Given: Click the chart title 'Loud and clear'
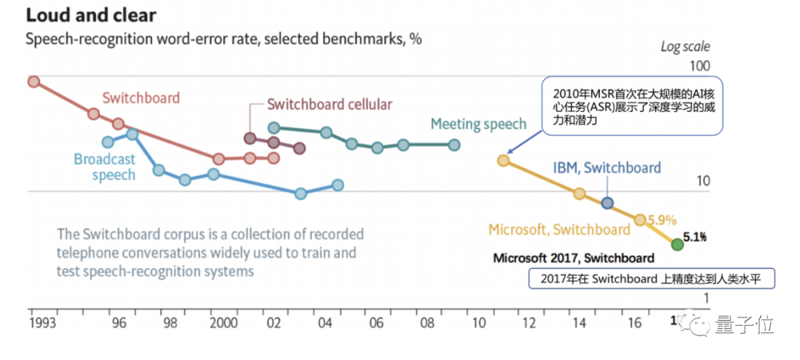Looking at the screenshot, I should coord(90,14).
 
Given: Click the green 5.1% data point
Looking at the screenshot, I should coord(676,244).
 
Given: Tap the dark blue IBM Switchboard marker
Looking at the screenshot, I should coord(607,202).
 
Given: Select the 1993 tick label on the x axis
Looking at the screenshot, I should coord(43,324).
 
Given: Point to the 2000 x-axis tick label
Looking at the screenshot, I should coord(223,324).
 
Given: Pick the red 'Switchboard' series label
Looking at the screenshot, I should coord(141,98).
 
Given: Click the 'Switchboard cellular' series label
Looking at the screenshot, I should coord(329,104).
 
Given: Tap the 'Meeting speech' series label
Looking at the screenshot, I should coord(478,124).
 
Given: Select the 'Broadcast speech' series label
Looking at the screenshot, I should coord(104,167).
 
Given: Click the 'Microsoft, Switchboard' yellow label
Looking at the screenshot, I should coord(559,230).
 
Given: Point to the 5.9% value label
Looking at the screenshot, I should coord(662,220).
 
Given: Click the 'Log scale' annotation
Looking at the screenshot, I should coord(685,47).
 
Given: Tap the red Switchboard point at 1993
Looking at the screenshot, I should coord(33,81).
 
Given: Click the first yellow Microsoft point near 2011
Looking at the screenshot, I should coord(503,160).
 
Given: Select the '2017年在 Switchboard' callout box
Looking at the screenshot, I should coord(651,279).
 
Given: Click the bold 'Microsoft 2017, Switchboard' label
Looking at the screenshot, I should coord(573,259).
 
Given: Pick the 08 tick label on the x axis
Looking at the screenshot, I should coord(427,324).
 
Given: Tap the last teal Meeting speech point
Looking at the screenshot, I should coord(454,144).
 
